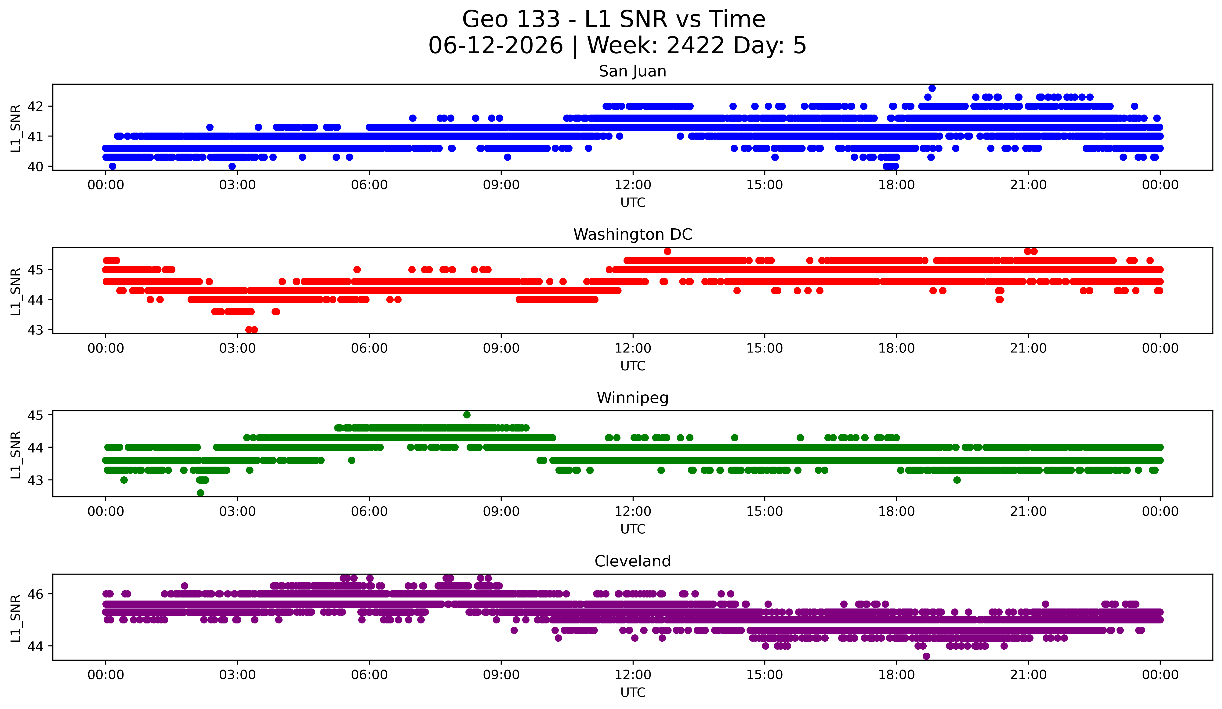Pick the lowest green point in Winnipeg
pyautogui.click(x=200, y=493)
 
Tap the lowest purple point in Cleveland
pyautogui.click(x=926, y=656)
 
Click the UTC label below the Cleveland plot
pyautogui.click(x=633, y=693)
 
